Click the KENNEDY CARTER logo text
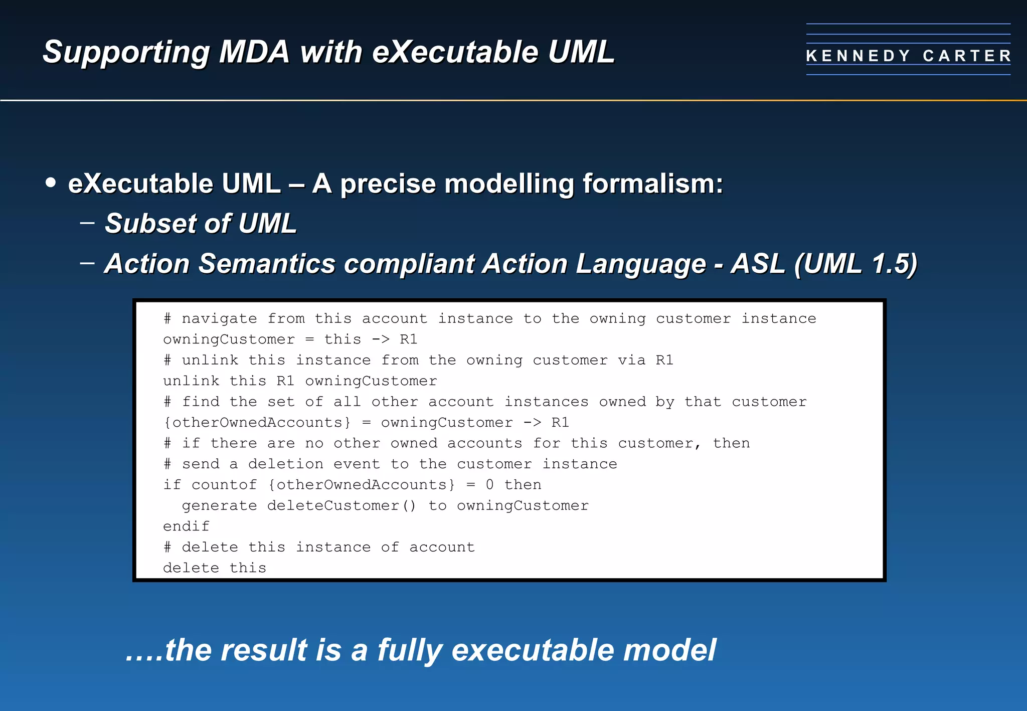[x=908, y=56]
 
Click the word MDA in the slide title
[x=254, y=52]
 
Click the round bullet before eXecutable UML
[x=50, y=183]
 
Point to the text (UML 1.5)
[x=855, y=264]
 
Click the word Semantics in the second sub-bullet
[x=266, y=264]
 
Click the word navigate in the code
[x=219, y=319]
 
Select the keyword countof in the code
[x=224, y=485]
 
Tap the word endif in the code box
[x=186, y=526]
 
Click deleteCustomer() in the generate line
[x=341, y=505]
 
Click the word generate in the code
[x=219, y=505]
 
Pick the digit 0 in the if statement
[x=489, y=485]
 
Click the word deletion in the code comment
[x=285, y=464]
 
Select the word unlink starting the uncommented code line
[x=191, y=381]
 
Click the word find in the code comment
[x=201, y=402]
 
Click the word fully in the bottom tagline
[x=409, y=651]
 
